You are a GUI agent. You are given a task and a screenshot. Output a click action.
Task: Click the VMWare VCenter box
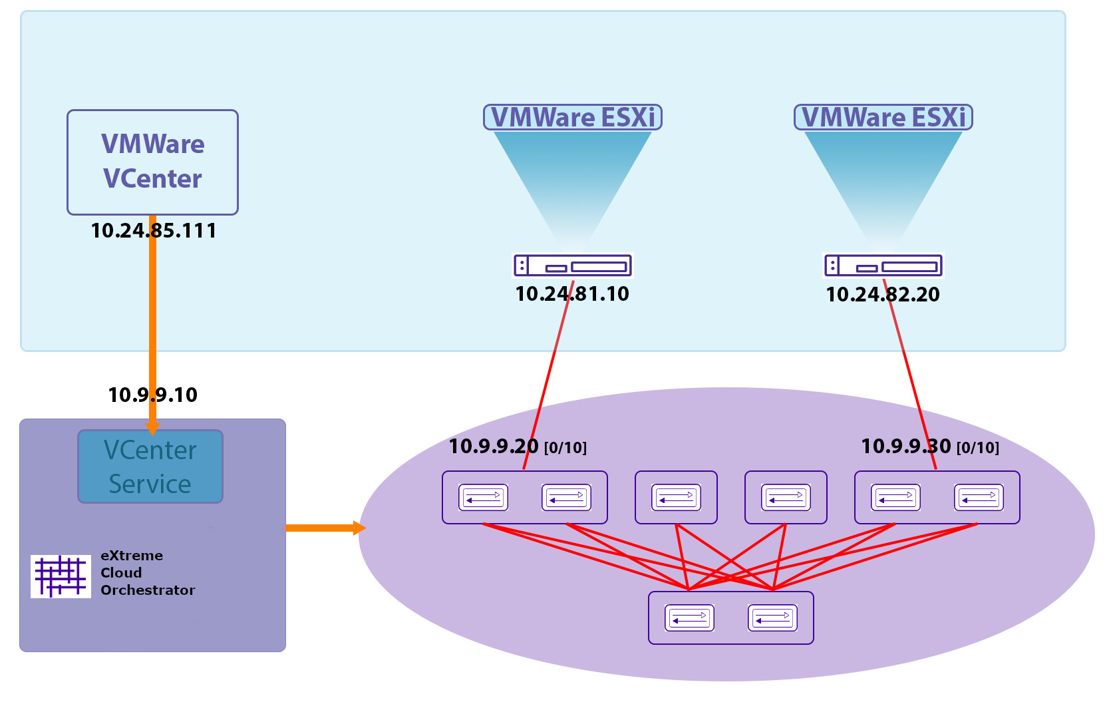pos(152,162)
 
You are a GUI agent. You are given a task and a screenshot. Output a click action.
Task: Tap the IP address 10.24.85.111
pos(153,231)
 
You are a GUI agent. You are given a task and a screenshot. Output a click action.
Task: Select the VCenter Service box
pos(150,466)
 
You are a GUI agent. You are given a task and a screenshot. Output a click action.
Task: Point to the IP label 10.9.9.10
pos(152,395)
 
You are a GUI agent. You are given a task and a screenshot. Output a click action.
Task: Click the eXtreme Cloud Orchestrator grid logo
pos(61,576)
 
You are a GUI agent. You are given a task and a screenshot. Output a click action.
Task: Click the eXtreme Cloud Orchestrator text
pos(147,573)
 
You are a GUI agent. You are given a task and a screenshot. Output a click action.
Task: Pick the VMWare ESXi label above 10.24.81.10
pos(572,117)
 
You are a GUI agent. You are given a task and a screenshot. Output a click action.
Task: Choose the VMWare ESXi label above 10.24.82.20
pos(883,117)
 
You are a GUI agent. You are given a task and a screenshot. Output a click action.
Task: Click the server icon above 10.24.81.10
pos(572,266)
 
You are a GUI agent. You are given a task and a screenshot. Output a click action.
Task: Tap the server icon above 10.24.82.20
pos(883,266)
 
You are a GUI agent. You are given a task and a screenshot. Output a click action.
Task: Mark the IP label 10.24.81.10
pos(572,294)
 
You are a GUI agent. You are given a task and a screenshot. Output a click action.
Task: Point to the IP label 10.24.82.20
pos(883,295)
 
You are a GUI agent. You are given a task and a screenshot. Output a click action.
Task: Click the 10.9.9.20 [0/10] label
pos(518,447)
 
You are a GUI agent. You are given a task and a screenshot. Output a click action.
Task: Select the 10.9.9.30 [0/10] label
pos(929,447)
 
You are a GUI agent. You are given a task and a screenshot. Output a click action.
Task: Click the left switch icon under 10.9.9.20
pos(483,497)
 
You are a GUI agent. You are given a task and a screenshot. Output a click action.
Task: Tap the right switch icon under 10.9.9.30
pos(979,497)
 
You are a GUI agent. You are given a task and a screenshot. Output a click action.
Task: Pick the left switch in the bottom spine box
pos(689,618)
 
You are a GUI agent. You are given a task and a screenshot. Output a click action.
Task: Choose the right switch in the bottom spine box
pos(772,618)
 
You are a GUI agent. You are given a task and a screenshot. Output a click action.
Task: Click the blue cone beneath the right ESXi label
pos(883,173)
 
